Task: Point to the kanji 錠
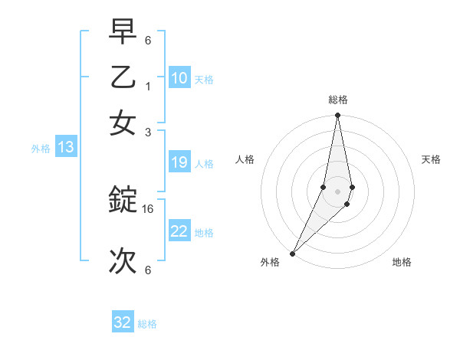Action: (x=123, y=201)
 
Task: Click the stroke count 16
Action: (x=148, y=208)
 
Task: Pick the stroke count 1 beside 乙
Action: (x=148, y=87)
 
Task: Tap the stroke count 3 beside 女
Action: (x=148, y=131)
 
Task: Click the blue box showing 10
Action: (x=179, y=77)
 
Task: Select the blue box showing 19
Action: (x=179, y=162)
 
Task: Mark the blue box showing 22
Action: (x=179, y=231)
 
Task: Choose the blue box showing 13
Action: (x=65, y=147)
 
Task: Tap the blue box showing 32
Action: (x=123, y=322)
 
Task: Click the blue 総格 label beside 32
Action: (x=147, y=324)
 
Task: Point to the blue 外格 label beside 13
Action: (x=41, y=149)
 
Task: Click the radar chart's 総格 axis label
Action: (x=337, y=100)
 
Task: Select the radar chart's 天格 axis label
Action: (x=432, y=159)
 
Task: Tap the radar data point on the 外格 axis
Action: (x=292, y=253)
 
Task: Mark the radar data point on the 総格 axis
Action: (x=337, y=116)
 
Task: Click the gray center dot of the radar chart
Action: (x=337, y=191)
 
